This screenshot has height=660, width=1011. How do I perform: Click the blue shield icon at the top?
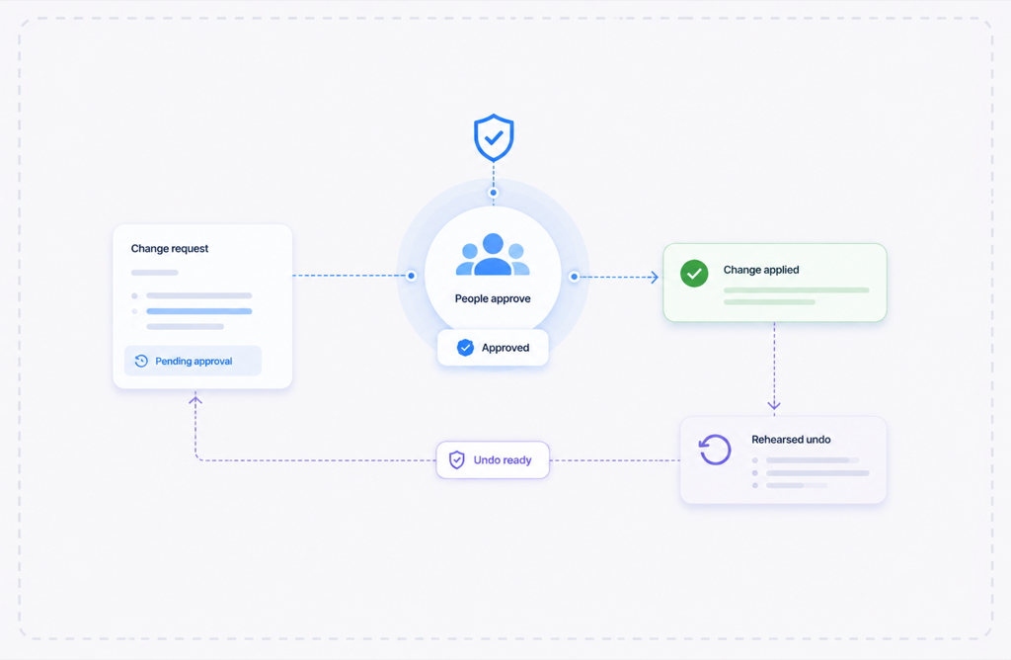point(494,137)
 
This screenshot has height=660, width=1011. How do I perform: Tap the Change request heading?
point(170,248)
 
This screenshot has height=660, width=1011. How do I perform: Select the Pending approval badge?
point(193,361)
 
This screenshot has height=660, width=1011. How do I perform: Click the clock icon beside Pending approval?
point(141,361)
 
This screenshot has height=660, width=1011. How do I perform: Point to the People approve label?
point(493,298)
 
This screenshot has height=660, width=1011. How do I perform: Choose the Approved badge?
point(493,348)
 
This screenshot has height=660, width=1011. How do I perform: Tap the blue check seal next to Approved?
point(466,348)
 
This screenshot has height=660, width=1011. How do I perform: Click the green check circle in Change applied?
point(694,274)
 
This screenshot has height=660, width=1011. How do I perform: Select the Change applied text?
point(761,270)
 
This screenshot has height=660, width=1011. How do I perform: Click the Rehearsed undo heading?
point(791,440)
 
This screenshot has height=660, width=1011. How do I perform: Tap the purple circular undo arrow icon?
point(715,449)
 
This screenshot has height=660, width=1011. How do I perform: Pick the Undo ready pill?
point(493,460)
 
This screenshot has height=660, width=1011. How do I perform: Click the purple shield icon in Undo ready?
point(456,460)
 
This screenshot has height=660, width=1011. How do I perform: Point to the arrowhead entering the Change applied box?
point(655,278)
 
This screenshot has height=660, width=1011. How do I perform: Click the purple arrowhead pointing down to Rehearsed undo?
point(774,405)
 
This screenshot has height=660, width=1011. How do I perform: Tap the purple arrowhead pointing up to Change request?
point(195,400)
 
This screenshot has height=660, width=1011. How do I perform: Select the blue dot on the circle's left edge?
point(412,276)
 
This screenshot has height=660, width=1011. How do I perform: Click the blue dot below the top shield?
point(494,193)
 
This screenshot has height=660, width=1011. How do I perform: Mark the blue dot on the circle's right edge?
point(574,277)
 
